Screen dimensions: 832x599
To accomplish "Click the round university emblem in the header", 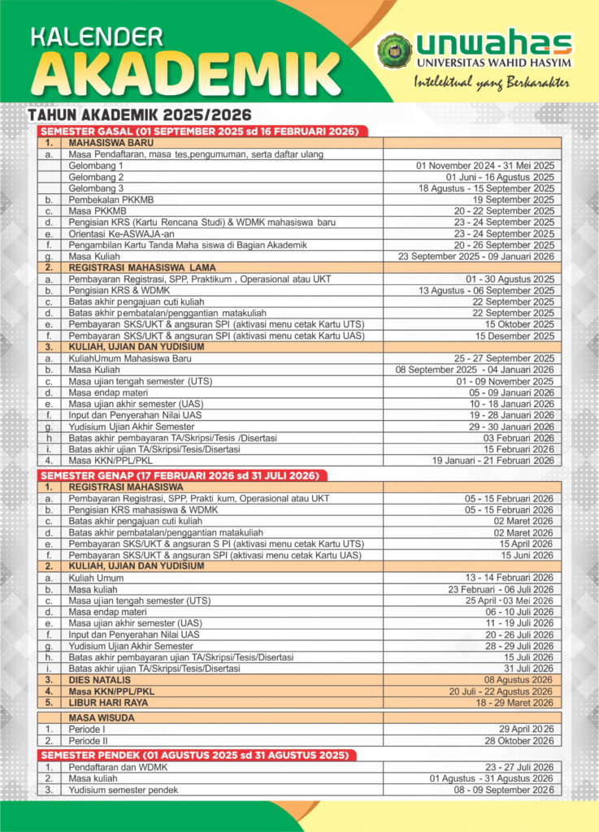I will [x=394, y=50].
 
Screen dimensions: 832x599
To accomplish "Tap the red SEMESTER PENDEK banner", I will [x=196, y=755].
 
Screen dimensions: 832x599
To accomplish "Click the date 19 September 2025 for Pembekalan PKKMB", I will [x=514, y=199].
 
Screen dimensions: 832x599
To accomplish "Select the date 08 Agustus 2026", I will [x=519, y=679].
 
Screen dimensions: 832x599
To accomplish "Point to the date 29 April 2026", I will [x=527, y=730].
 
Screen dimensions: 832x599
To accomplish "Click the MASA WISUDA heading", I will [x=102, y=717].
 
